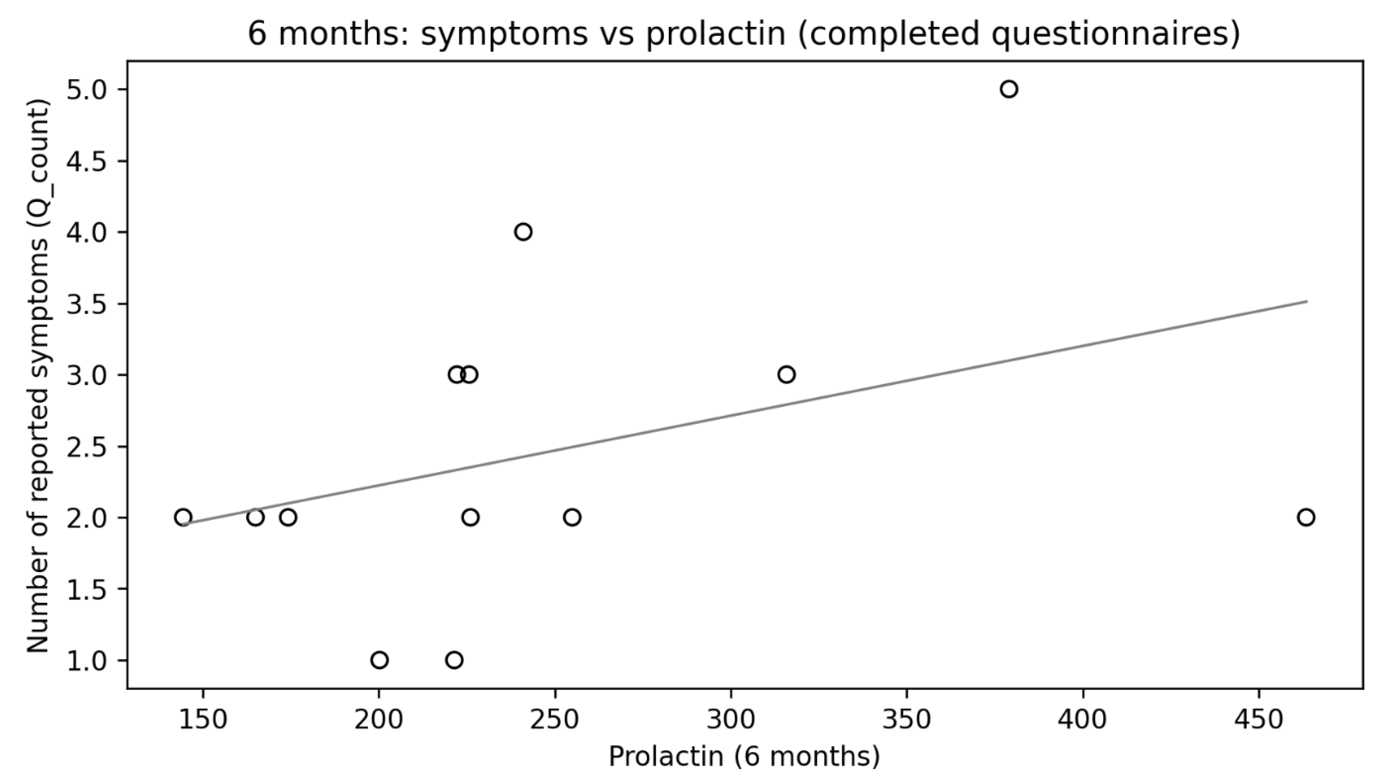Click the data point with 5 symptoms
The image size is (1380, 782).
1009,89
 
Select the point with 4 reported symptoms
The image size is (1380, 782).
523,232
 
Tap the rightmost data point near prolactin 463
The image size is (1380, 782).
1306,517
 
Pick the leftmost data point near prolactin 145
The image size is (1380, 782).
183,517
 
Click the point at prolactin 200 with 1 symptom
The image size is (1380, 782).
379,660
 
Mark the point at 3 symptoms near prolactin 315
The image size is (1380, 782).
786,374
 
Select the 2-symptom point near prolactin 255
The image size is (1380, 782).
572,517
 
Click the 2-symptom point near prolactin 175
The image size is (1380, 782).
288,517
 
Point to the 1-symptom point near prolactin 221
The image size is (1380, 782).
454,660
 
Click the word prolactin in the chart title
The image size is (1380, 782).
716,35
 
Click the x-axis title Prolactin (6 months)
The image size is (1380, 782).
744,757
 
